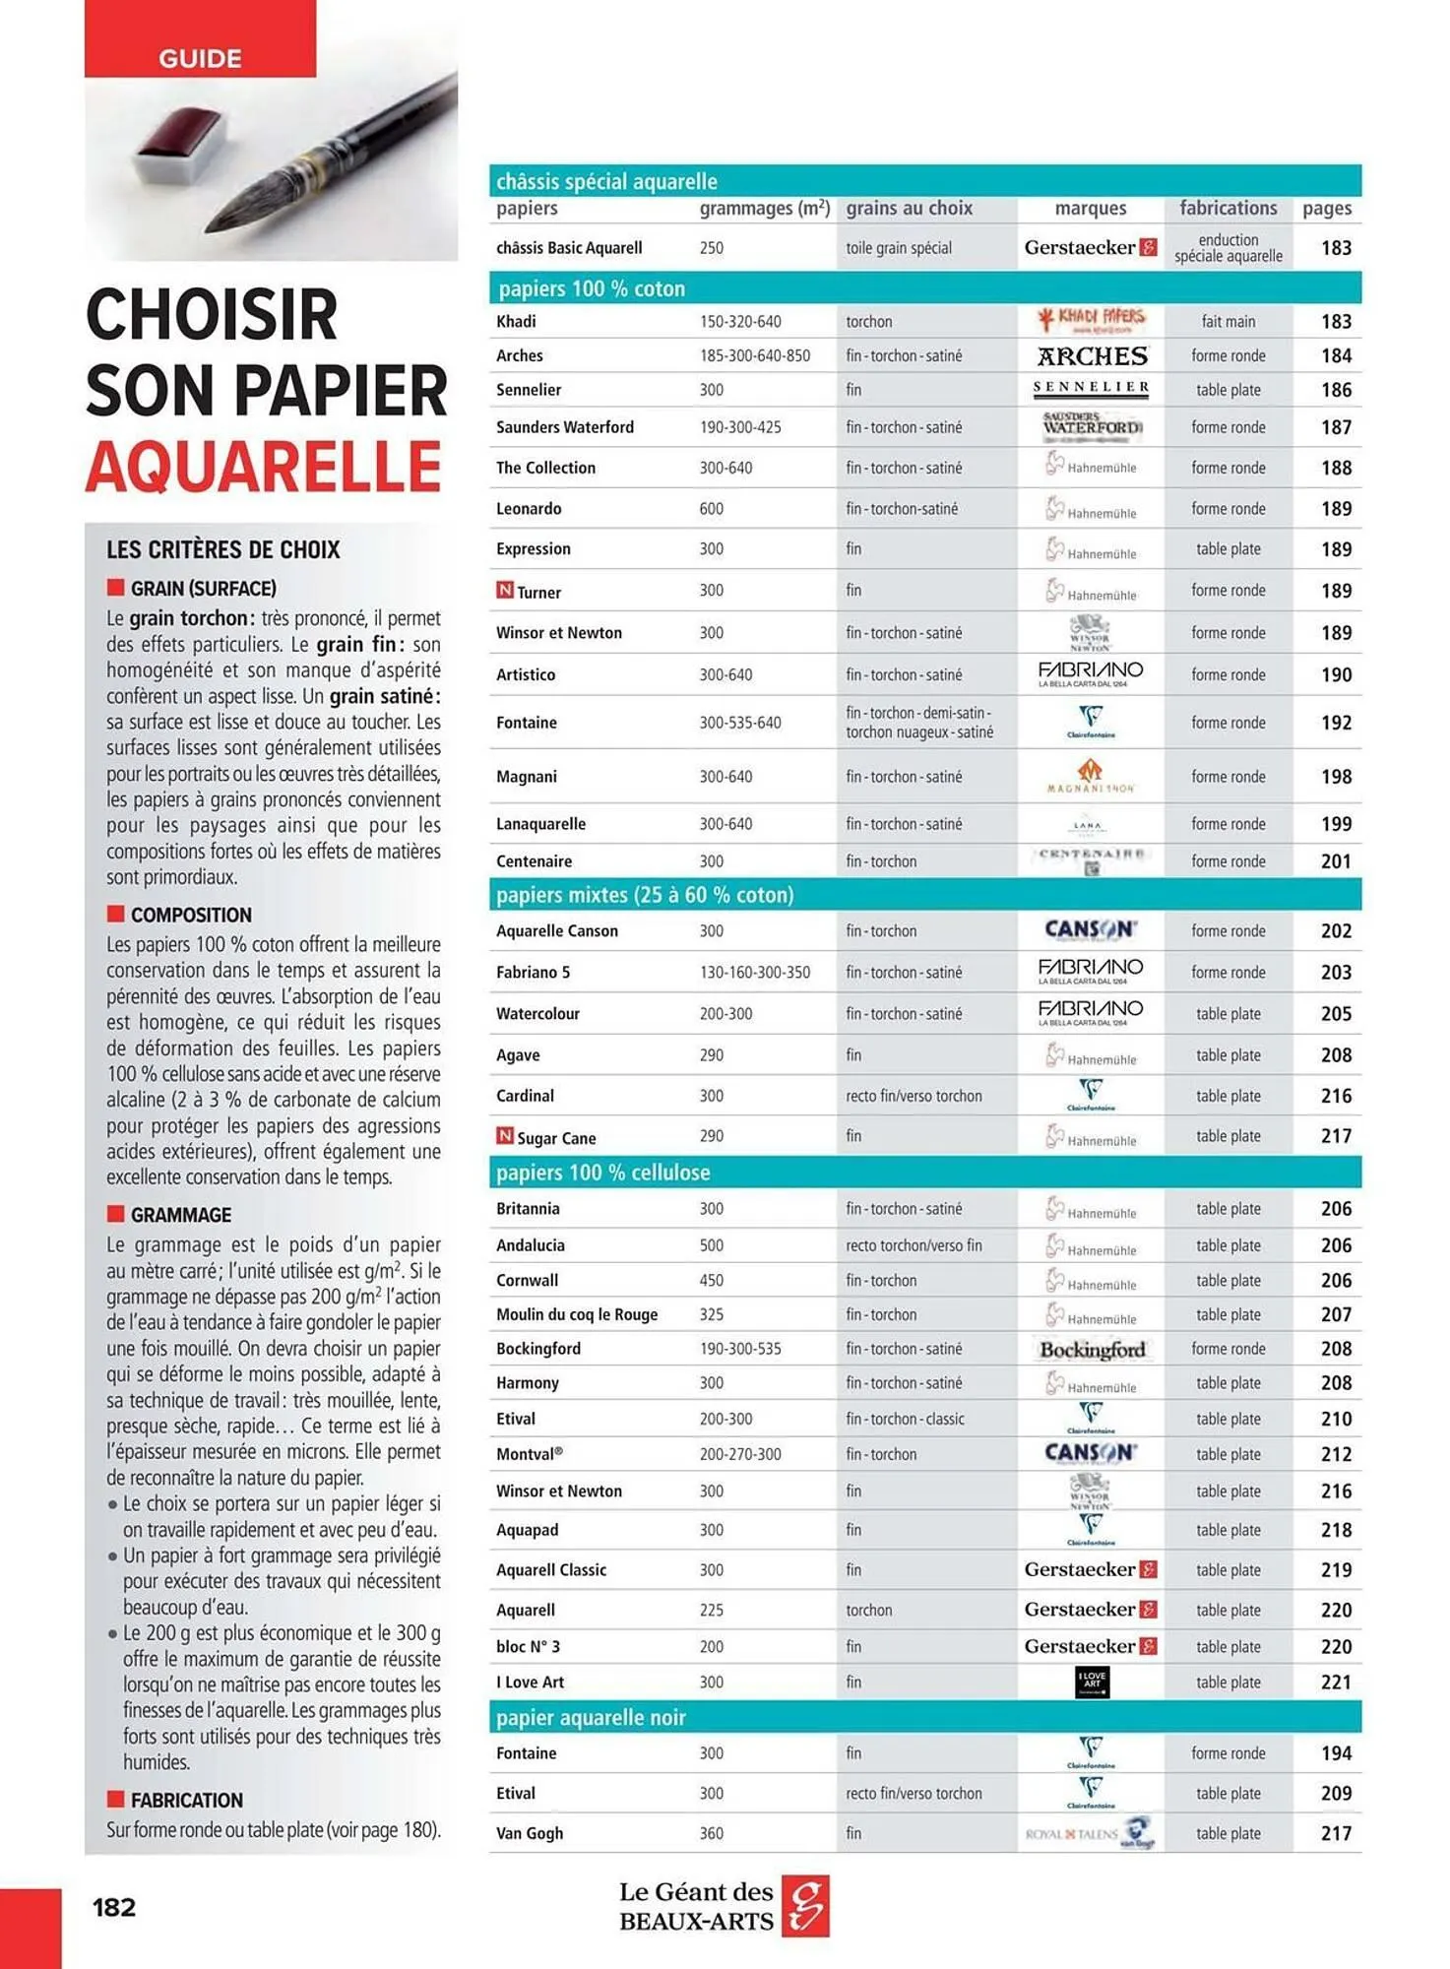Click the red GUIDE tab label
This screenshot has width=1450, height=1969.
click(x=200, y=58)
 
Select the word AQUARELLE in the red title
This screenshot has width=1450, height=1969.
click(x=264, y=467)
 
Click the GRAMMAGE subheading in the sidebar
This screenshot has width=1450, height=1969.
click(x=181, y=1215)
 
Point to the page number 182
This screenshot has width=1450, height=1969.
click(x=114, y=1907)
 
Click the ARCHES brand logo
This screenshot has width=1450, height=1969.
click(x=1092, y=356)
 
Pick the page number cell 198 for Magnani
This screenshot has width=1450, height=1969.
click(x=1336, y=777)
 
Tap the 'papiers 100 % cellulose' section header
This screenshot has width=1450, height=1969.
click(x=602, y=1173)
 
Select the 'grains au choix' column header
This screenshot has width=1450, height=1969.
click(x=909, y=209)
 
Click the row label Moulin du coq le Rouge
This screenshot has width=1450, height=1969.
click(x=576, y=1314)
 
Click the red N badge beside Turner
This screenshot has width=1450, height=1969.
click(x=505, y=591)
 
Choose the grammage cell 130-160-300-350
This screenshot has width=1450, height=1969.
click(x=755, y=973)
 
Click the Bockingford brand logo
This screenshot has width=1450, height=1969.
click(x=1092, y=1350)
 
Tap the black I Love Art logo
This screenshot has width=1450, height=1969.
click(x=1092, y=1683)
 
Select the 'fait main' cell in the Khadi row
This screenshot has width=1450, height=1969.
click(x=1228, y=322)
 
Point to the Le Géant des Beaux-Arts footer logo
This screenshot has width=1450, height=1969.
click(x=725, y=1906)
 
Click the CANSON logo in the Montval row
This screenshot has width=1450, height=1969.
click(x=1091, y=1453)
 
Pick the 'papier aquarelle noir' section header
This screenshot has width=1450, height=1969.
click(x=591, y=1718)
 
